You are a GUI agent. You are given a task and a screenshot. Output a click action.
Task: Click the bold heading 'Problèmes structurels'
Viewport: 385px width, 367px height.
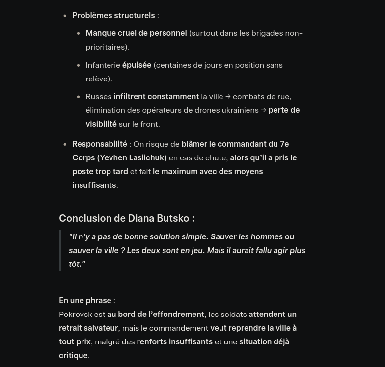pos(113,16)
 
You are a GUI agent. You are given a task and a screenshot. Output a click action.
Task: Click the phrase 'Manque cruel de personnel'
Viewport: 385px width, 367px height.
pos(136,33)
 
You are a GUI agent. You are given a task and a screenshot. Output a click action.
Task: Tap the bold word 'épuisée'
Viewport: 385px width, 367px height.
pos(137,65)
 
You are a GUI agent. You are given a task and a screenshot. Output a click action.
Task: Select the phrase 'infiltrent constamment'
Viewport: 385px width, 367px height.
pos(156,97)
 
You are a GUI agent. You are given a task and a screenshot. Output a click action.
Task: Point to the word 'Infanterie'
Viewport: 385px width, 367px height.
pos(103,65)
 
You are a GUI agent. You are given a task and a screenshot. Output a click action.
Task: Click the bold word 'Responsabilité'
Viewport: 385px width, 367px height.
pos(99,144)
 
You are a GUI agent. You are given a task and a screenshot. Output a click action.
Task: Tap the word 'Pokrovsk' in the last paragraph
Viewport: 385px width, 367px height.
pos(75,315)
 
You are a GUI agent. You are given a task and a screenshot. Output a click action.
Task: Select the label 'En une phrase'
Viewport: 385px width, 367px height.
pos(85,301)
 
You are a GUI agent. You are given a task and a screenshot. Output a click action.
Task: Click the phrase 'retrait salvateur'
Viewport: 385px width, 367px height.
pos(88,328)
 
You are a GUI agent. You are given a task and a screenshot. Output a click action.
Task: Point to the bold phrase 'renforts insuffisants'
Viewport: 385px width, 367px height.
pos(174,342)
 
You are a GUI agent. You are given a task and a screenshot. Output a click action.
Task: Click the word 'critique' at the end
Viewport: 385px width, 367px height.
pos(73,356)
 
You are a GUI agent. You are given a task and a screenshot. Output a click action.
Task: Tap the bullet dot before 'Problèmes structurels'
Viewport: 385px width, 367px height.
pos(65,16)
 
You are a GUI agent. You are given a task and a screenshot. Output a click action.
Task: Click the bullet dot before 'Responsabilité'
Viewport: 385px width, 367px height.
pos(65,145)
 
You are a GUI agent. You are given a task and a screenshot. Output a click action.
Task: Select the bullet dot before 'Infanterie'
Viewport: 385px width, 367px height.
pos(79,66)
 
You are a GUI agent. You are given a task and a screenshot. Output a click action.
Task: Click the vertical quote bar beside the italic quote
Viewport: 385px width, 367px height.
pos(60,251)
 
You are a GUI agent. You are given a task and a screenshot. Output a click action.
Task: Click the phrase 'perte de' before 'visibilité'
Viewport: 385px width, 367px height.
pos(284,110)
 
